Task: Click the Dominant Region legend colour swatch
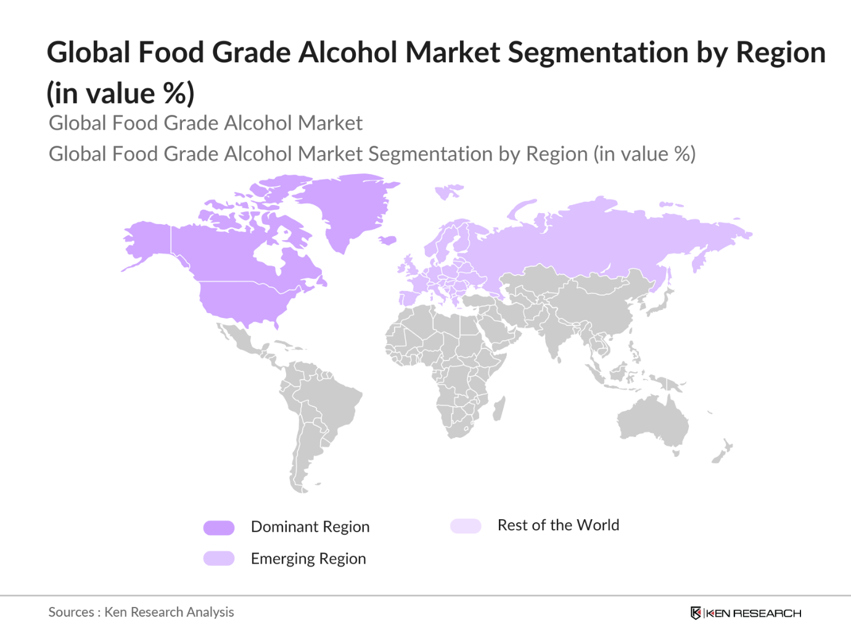(x=219, y=527)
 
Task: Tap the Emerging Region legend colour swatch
(x=219, y=559)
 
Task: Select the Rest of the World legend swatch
(x=466, y=526)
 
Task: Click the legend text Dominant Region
(x=310, y=527)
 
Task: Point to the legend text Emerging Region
(x=308, y=559)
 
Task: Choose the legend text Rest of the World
(x=558, y=525)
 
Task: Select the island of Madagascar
(x=499, y=409)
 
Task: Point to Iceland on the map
(x=387, y=240)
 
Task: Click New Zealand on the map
(x=721, y=453)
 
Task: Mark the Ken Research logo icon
(x=696, y=613)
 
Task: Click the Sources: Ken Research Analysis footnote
(x=141, y=612)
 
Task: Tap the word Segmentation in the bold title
(x=598, y=52)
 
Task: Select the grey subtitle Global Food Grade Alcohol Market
(x=205, y=123)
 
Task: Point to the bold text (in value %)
(x=120, y=93)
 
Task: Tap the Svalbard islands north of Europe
(x=449, y=191)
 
